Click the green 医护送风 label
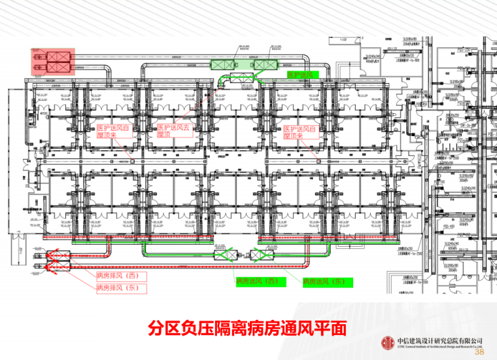pyautogui.click(x=302, y=75)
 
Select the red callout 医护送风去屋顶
pyautogui.click(x=173, y=131)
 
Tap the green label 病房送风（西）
pyautogui.click(x=258, y=281)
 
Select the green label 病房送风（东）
pyautogui.click(x=324, y=281)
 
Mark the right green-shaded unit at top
pyautogui.click(x=266, y=65)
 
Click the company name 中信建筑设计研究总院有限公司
pyautogui.click(x=439, y=341)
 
